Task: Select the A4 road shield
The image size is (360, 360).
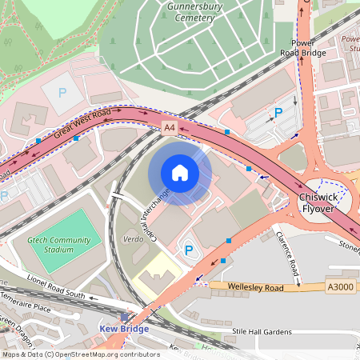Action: [x=169, y=127]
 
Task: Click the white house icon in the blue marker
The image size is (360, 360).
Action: [x=180, y=173]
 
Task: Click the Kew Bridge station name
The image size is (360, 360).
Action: [x=124, y=328]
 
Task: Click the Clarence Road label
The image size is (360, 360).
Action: [x=286, y=257]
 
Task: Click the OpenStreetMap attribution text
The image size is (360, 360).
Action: [x=81, y=354]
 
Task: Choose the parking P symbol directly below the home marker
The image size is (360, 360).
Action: [x=189, y=250]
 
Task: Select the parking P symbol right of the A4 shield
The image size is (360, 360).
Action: [x=278, y=113]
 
